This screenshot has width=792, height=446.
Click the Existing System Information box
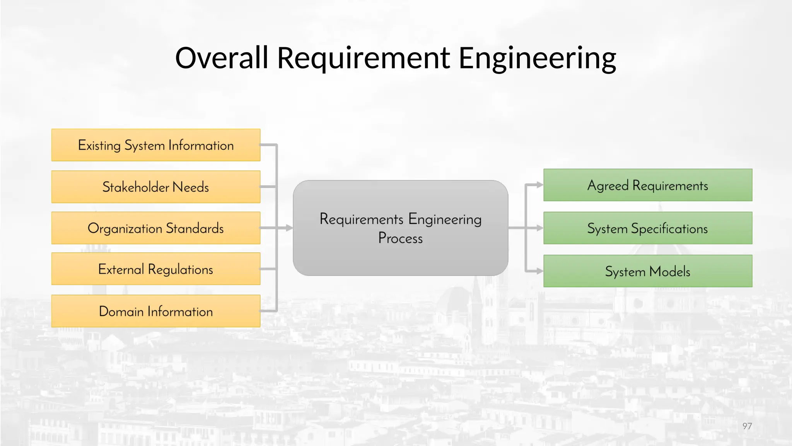pyautogui.click(x=155, y=145)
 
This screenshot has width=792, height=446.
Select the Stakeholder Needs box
pyautogui.click(x=155, y=187)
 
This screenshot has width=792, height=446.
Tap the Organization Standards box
pyautogui.click(x=155, y=228)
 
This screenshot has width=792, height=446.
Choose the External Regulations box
pyautogui.click(x=155, y=269)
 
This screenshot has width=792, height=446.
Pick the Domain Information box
pyautogui.click(x=155, y=311)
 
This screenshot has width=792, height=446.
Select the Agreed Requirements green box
pyautogui.click(x=648, y=185)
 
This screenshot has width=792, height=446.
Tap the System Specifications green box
pyautogui.click(x=648, y=228)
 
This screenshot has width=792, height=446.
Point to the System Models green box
pyautogui.click(x=648, y=271)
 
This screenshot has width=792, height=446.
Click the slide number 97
pyautogui.click(x=747, y=426)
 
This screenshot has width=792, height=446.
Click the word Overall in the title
pyautogui.click(x=222, y=58)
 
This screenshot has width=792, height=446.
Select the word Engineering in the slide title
pyautogui.click(x=537, y=58)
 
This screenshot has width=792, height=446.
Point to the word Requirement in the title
pyautogui.click(x=364, y=58)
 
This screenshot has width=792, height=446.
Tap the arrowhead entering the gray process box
pyautogui.click(x=289, y=228)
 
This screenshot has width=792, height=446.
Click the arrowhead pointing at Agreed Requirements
pyautogui.click(x=540, y=185)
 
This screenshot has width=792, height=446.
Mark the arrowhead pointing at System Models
pyautogui.click(x=540, y=271)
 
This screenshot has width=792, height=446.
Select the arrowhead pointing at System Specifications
pyautogui.click(x=540, y=228)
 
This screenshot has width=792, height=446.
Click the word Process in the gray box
pyautogui.click(x=400, y=238)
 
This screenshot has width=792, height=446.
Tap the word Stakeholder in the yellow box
pyautogui.click(x=136, y=187)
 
